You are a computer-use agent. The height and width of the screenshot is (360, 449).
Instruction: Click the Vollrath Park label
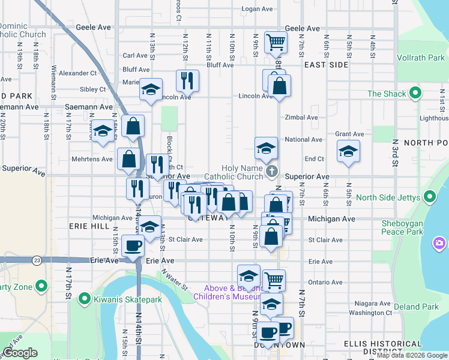click(x=420, y=58)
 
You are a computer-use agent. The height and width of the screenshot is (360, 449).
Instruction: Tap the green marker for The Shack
click(x=414, y=94)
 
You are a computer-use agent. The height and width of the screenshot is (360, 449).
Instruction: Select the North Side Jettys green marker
click(x=430, y=197)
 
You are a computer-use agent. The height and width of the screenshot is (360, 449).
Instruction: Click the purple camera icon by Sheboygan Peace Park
click(x=439, y=243)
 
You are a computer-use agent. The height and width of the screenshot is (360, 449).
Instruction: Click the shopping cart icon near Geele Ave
click(x=276, y=42)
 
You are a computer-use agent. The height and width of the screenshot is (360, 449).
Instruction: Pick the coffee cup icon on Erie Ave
click(x=133, y=245)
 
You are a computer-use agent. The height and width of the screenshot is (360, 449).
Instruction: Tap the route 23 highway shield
click(x=37, y=260)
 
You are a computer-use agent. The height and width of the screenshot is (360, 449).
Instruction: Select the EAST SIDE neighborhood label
click(x=326, y=64)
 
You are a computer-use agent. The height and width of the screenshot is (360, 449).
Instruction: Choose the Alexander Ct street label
click(x=77, y=73)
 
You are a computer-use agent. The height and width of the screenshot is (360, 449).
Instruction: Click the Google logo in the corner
click(x=20, y=353)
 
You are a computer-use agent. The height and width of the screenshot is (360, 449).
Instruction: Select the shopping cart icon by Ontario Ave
click(x=274, y=280)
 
